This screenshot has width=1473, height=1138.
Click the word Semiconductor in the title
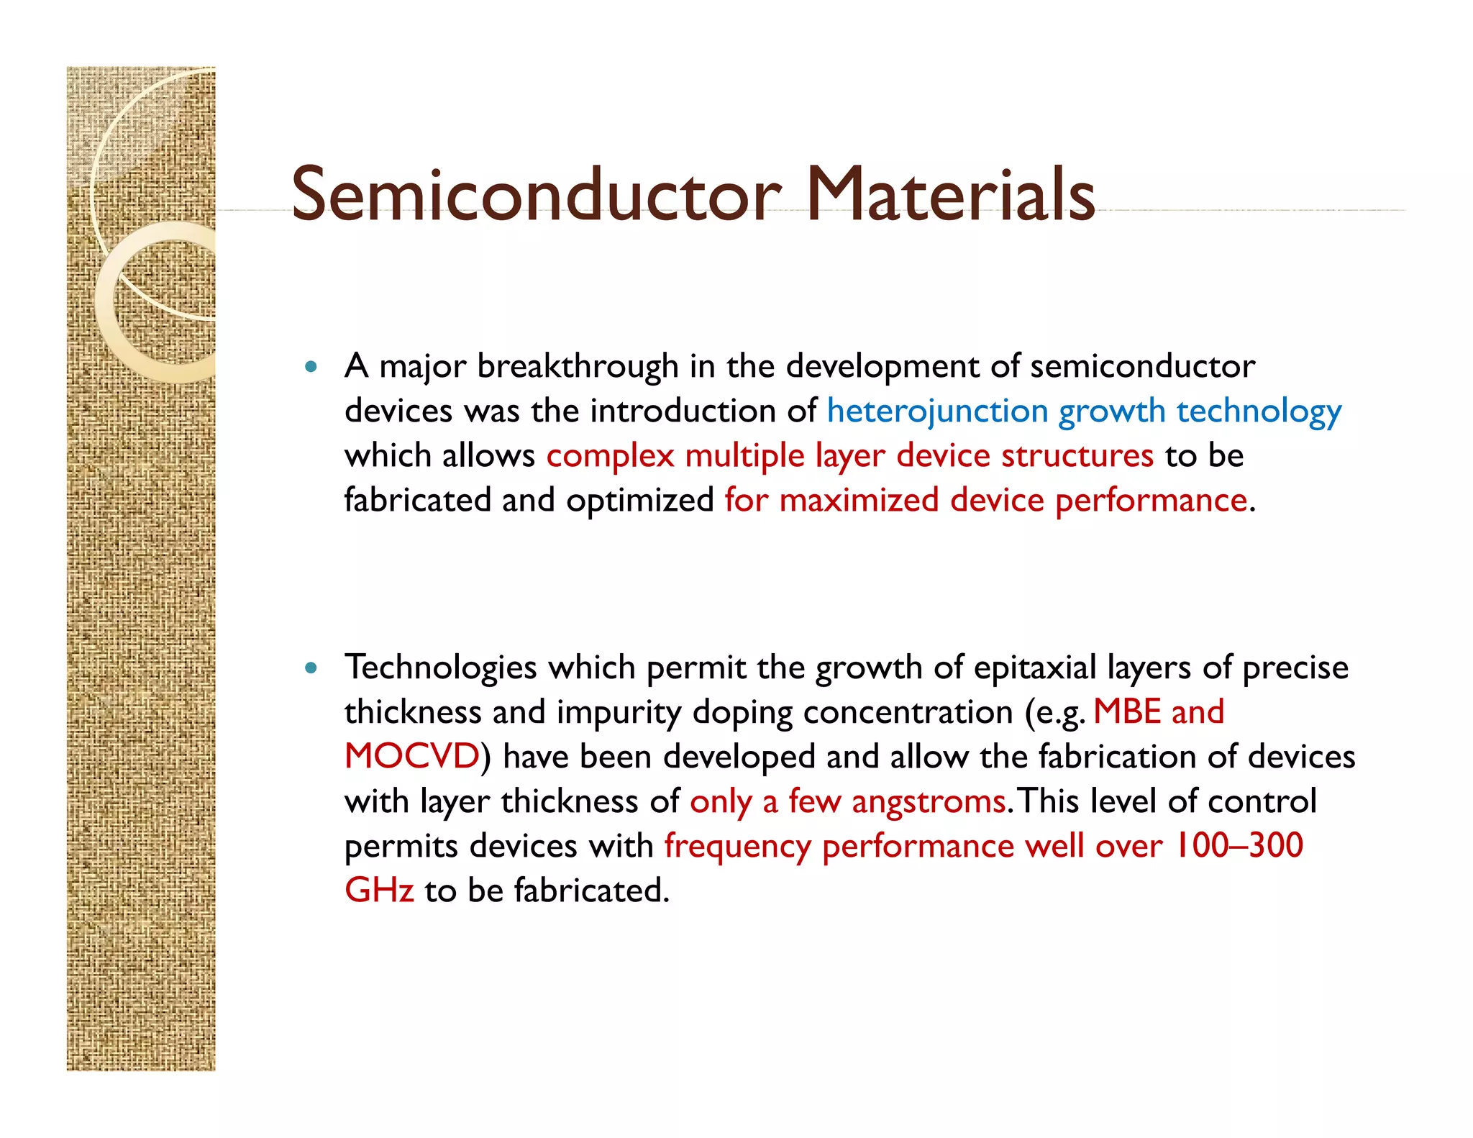coord(536,194)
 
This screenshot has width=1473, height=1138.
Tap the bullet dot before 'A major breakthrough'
coord(311,367)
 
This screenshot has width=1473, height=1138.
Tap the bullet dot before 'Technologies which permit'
coord(311,668)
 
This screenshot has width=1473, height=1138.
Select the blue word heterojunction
coord(937,412)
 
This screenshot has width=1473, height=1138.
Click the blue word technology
coord(1259,412)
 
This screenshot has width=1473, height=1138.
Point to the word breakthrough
coord(578,367)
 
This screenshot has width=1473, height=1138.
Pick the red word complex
coord(610,456)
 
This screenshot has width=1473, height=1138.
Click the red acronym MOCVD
coord(412,757)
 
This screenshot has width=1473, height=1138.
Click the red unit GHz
coord(379,891)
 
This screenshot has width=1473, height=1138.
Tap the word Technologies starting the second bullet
coord(441,668)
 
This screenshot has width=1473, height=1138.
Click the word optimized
coord(639,501)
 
